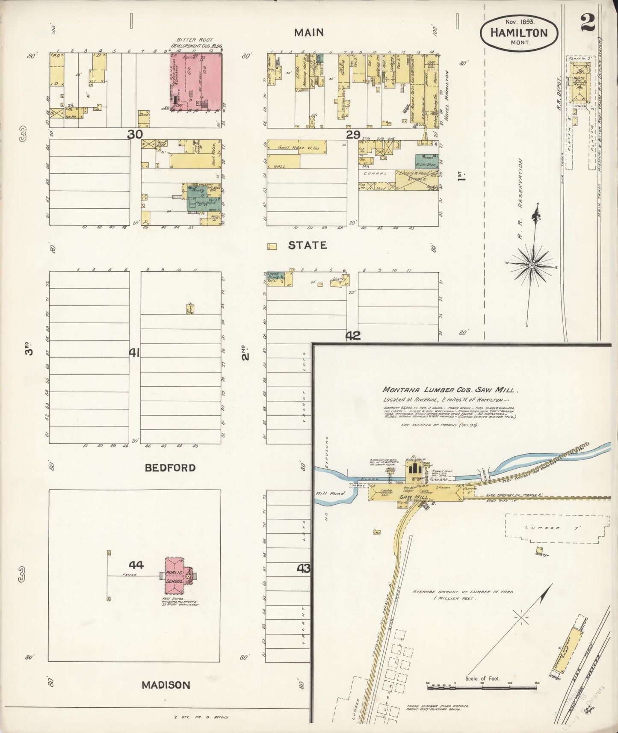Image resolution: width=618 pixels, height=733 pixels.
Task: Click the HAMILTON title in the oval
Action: pos(519,33)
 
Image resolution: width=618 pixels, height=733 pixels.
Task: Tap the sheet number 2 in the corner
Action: pos(588,24)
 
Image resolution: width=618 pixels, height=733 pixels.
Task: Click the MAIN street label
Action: pos(309,33)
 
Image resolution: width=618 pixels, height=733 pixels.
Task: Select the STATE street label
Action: pos(307,245)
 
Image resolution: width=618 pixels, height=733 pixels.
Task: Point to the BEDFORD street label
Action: pos(170,467)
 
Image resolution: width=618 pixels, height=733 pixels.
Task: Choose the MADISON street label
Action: pos(166,685)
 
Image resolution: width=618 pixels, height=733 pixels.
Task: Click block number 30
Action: pos(135,134)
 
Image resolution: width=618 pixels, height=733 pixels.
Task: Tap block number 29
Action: pos(353,135)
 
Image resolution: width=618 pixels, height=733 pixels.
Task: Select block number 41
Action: pos(135,353)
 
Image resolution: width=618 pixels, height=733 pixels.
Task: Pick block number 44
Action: pos(136,565)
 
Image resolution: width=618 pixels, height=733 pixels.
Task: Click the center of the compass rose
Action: pos(532,265)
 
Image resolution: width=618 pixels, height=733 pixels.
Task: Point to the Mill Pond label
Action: pos(330,494)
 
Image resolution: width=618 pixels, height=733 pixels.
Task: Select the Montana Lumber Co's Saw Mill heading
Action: pos(450,390)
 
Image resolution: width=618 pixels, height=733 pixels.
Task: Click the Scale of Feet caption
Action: pos(482,679)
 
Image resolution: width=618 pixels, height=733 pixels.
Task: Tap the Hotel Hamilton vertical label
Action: pos(448,95)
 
